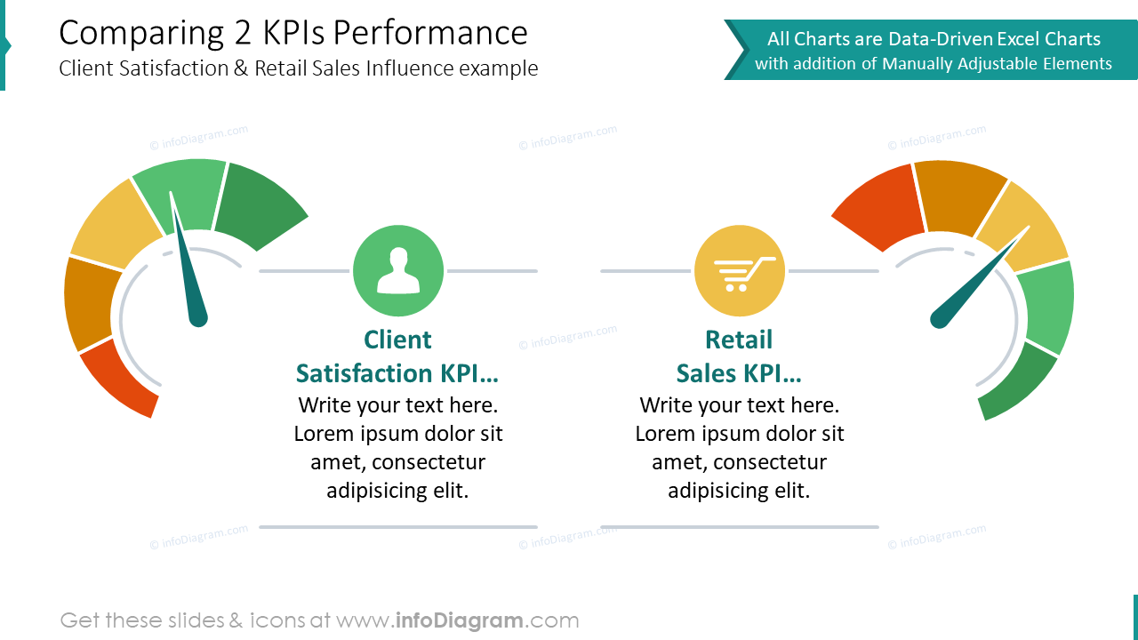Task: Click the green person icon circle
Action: pyautogui.click(x=397, y=270)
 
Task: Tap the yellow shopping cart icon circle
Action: pyautogui.click(x=739, y=270)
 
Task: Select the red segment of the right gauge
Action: pyautogui.click(x=876, y=208)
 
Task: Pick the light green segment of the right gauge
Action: pyautogui.click(x=1047, y=307)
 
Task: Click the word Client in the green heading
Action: pyautogui.click(x=397, y=340)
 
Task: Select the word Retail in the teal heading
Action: pyautogui.click(x=739, y=340)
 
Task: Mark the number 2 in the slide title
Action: pyautogui.click(x=243, y=34)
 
